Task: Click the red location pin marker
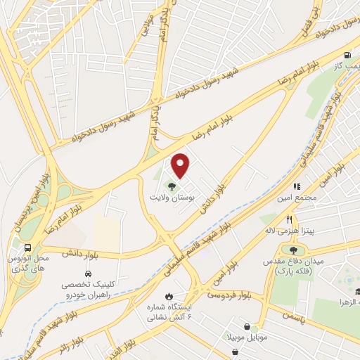pyautogui.click(x=181, y=165)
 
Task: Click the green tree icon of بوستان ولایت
pyautogui.click(x=172, y=186)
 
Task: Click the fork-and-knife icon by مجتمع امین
pyautogui.click(x=297, y=186)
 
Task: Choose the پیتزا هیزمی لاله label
pyautogui.click(x=289, y=231)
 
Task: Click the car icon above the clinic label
pyautogui.click(x=88, y=272)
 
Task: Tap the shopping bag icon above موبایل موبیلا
pyautogui.click(x=247, y=326)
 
